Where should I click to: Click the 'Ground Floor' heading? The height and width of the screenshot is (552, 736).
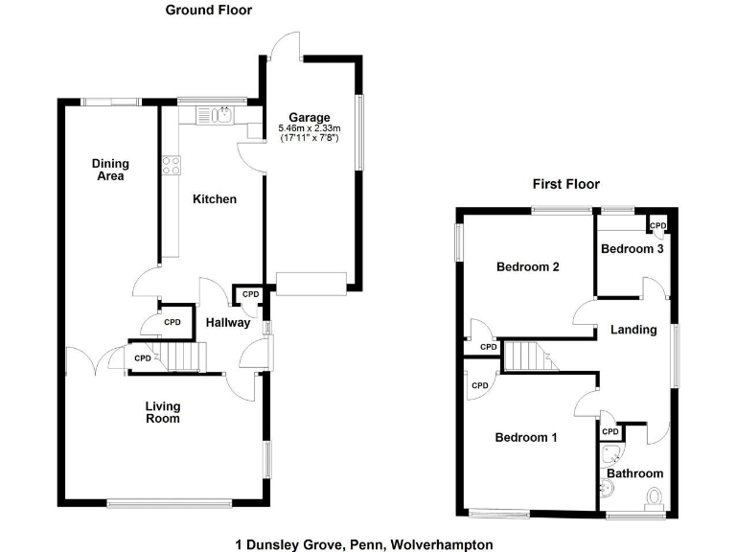pyautogui.click(x=208, y=11)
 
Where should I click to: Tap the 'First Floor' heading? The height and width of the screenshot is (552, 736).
pyautogui.click(x=565, y=184)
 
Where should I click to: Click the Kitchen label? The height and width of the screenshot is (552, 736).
pyautogui.click(x=215, y=199)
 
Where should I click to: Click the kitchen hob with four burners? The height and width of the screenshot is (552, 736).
pyautogui.click(x=172, y=165)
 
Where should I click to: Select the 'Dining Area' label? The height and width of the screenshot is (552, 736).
pyautogui.click(x=110, y=170)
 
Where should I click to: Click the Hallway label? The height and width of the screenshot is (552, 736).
pyautogui.click(x=228, y=323)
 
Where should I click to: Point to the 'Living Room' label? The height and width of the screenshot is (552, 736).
pyautogui.click(x=162, y=412)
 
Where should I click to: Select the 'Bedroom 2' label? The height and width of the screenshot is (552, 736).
pyautogui.click(x=527, y=267)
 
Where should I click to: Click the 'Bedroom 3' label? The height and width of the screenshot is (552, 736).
pyautogui.click(x=632, y=249)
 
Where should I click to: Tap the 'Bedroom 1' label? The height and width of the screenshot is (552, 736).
pyautogui.click(x=526, y=438)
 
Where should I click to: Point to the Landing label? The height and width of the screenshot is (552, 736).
pyautogui.click(x=633, y=330)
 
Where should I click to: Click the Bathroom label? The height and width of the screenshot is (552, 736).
pyautogui.click(x=634, y=473)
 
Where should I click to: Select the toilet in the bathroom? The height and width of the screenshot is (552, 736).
pyautogui.click(x=655, y=498)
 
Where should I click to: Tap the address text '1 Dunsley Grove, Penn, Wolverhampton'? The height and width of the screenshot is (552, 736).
pyautogui.click(x=365, y=544)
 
